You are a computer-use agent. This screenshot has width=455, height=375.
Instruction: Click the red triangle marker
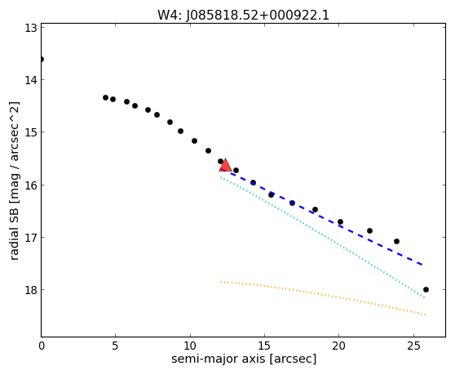(x=225, y=165)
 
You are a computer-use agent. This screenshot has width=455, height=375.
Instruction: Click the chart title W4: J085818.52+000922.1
(x=243, y=16)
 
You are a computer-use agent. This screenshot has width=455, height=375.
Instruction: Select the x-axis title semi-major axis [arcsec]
(x=244, y=359)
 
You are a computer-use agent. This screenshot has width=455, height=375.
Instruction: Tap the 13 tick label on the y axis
(x=31, y=27)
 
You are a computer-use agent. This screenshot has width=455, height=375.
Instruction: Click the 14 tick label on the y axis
(x=31, y=79)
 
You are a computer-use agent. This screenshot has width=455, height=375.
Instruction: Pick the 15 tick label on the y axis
(x=31, y=132)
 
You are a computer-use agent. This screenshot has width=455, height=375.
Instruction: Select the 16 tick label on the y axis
(x=31, y=185)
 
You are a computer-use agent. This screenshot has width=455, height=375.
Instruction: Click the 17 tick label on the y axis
(x=31, y=238)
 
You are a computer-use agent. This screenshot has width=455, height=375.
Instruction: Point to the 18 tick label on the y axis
(x=31, y=290)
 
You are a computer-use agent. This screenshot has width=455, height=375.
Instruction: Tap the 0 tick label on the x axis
(x=42, y=346)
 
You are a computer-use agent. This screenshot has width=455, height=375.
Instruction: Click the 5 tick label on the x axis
(x=116, y=346)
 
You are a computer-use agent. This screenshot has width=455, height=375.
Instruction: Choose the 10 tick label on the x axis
(x=190, y=346)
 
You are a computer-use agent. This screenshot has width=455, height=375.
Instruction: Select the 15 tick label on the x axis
(x=264, y=346)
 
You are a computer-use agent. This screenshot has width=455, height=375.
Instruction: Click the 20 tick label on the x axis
(x=338, y=346)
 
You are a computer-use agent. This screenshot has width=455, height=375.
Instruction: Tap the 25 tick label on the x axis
(x=413, y=346)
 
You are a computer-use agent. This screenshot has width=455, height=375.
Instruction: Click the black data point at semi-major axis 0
(x=42, y=60)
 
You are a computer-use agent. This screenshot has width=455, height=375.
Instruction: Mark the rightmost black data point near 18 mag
(x=426, y=289)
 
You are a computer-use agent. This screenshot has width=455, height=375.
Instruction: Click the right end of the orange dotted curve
(x=426, y=315)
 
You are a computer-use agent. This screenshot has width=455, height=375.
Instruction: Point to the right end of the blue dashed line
(x=422, y=265)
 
